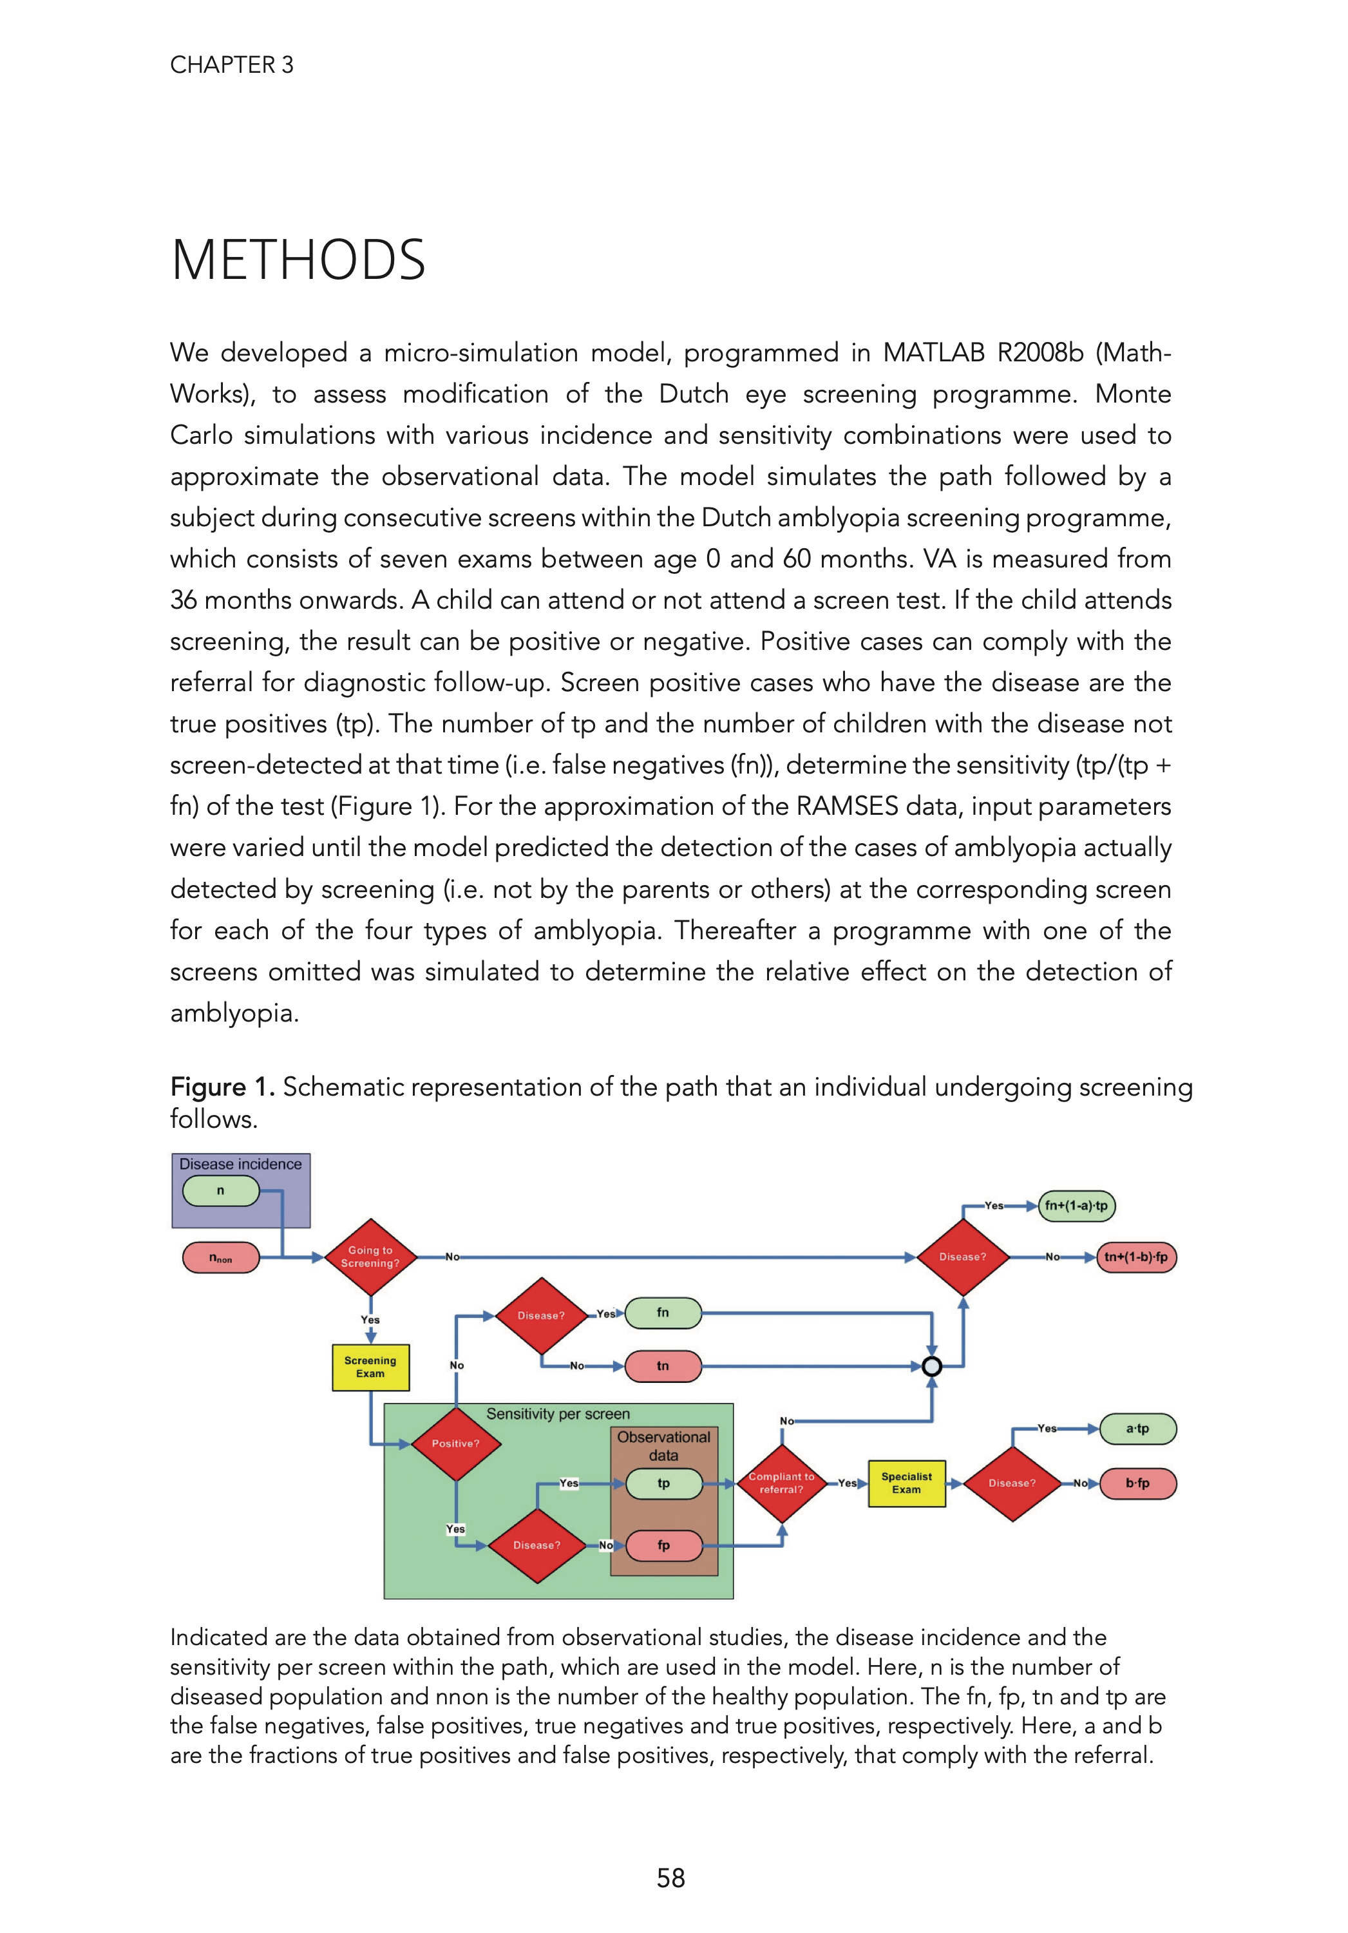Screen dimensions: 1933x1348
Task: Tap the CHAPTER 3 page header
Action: point(232,65)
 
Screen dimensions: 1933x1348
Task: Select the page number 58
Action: point(670,1878)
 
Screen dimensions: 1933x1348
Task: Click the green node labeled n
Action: point(221,1191)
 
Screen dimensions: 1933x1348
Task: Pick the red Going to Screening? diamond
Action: point(370,1257)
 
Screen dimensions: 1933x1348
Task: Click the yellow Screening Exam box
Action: point(370,1367)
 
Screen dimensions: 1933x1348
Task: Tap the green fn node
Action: point(663,1313)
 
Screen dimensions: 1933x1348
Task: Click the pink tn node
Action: point(663,1366)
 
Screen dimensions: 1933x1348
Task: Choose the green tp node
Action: point(663,1483)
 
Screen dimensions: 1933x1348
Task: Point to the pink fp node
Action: point(663,1545)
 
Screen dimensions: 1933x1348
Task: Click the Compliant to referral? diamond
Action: point(781,1483)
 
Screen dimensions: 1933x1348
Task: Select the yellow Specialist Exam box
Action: point(906,1483)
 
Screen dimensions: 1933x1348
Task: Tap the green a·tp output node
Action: point(1137,1429)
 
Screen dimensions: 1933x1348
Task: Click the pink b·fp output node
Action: point(1137,1483)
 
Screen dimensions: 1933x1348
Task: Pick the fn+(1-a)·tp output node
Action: point(1076,1206)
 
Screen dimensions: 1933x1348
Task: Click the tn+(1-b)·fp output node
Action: point(1136,1257)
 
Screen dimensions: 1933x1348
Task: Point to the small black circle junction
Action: point(931,1366)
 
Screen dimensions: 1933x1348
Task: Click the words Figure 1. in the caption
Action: point(222,1087)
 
